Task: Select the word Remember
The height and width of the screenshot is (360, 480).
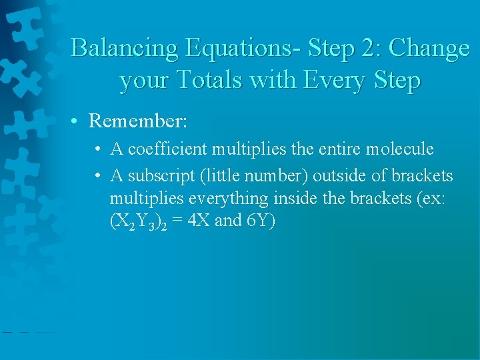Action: pyautogui.click(x=138, y=121)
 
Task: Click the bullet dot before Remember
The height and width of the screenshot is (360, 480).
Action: pyautogui.click(x=78, y=121)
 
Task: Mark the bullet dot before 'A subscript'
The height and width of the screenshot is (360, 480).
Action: pyautogui.click(x=98, y=177)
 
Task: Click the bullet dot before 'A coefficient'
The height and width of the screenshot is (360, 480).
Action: pyautogui.click(x=98, y=149)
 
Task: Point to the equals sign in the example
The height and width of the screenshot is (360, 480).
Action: pyautogui.click(x=177, y=221)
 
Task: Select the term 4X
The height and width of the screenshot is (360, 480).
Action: pyautogui.click(x=199, y=221)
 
